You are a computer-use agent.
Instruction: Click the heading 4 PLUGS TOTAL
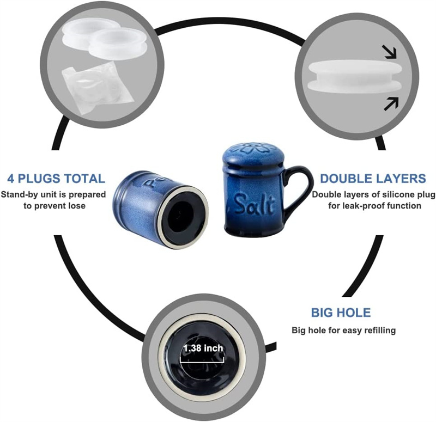(56, 179)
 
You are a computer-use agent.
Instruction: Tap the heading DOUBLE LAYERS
(373, 179)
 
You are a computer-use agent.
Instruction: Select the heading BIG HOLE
(341, 313)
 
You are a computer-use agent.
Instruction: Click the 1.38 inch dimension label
(203, 348)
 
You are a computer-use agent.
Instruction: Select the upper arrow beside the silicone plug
(390, 52)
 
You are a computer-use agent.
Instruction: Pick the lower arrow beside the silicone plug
(391, 104)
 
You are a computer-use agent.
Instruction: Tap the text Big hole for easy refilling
(343, 331)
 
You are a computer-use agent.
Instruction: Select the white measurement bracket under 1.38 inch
(202, 360)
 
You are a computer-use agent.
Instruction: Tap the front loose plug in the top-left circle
(118, 44)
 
